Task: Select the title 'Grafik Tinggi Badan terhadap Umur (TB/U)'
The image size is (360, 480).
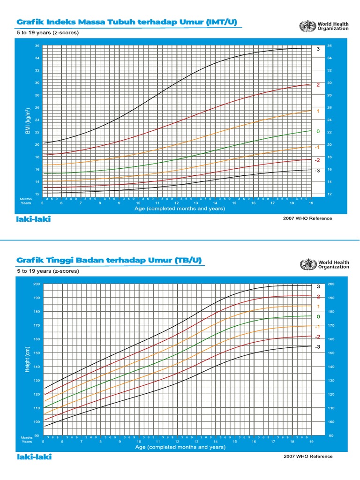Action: click(109, 260)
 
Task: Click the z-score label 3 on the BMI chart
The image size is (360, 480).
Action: click(317, 49)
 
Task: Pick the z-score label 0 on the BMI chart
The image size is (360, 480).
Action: click(317, 131)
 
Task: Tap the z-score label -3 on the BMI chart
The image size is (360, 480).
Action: click(317, 171)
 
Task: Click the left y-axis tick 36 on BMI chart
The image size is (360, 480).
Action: click(37, 46)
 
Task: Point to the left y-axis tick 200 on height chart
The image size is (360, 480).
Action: click(37, 284)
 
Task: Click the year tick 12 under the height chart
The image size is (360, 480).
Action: click(177, 442)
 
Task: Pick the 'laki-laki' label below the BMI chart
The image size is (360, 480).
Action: click(34, 219)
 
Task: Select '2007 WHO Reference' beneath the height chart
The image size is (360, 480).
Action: click(307, 456)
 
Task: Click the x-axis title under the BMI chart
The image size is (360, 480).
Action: click(180, 209)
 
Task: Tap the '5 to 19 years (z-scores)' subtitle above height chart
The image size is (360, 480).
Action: click(48, 271)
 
